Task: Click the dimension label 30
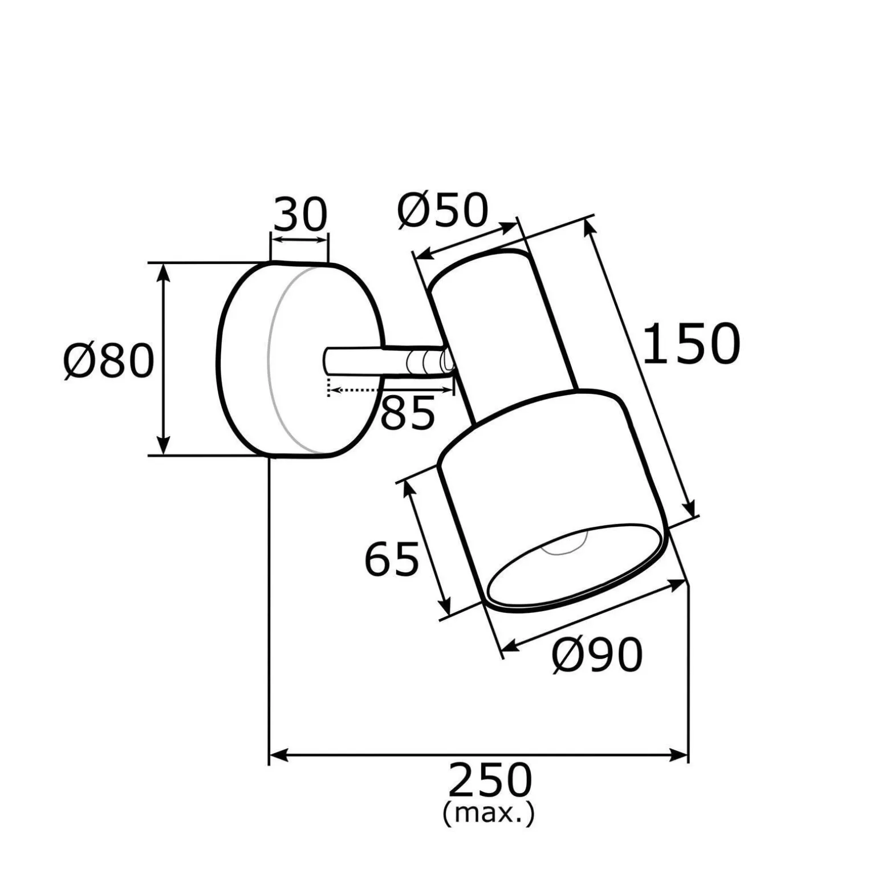300,214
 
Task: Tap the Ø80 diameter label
109,361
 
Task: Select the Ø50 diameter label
443,210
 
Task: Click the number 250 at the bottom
490,780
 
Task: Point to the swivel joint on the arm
429,362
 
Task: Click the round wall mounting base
299,359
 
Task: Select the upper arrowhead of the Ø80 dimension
164,273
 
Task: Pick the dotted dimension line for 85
391,391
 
